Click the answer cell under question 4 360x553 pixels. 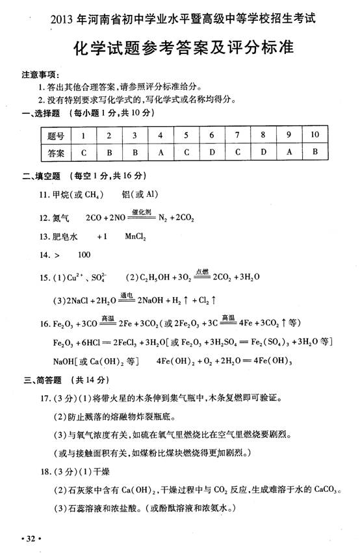[x=161, y=154]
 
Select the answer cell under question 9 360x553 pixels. [x=289, y=154]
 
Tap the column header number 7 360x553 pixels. [x=238, y=135]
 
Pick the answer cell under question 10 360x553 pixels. [x=315, y=154]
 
